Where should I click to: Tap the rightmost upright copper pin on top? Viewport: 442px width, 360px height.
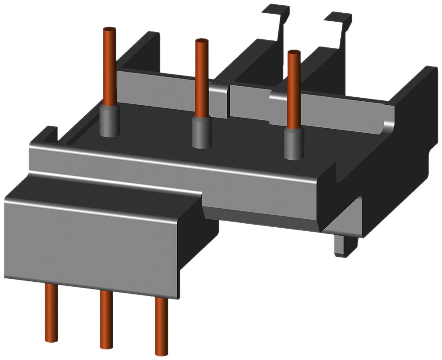point(293,88)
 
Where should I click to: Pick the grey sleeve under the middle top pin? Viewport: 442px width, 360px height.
point(202,133)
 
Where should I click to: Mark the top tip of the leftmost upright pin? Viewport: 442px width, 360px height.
point(109,30)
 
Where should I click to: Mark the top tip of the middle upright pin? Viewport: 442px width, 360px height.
point(202,42)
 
